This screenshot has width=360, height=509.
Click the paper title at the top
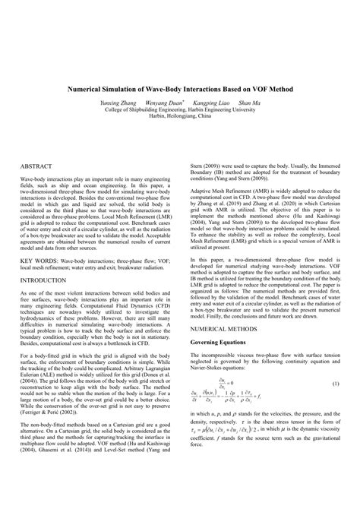[180, 88]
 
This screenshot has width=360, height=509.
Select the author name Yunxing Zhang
[118, 102]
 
